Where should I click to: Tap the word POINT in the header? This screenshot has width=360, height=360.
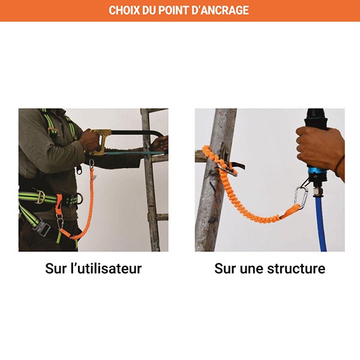(183, 11)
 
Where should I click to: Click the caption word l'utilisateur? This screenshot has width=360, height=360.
(106, 268)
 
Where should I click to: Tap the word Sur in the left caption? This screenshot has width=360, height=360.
(57, 268)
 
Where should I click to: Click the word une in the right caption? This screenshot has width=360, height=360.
(251, 268)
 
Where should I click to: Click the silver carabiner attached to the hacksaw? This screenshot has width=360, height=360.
(92, 163)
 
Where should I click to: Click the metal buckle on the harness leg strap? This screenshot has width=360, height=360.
(42, 228)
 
